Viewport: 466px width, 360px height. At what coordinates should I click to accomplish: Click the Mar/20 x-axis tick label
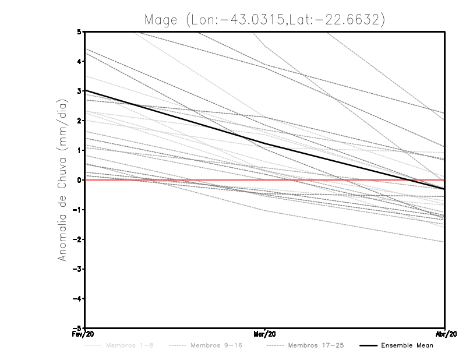coord(265,334)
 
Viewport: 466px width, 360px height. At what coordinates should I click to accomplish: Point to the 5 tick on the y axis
coord(79,31)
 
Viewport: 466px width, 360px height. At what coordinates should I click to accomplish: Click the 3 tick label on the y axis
coord(79,91)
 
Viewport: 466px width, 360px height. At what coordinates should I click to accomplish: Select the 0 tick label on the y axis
coord(79,180)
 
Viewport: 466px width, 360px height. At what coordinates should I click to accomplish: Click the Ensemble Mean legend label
coord(407,345)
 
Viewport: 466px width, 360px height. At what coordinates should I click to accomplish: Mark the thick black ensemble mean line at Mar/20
coord(265,143)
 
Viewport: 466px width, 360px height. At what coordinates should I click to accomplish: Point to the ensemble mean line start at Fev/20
coord(86,90)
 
